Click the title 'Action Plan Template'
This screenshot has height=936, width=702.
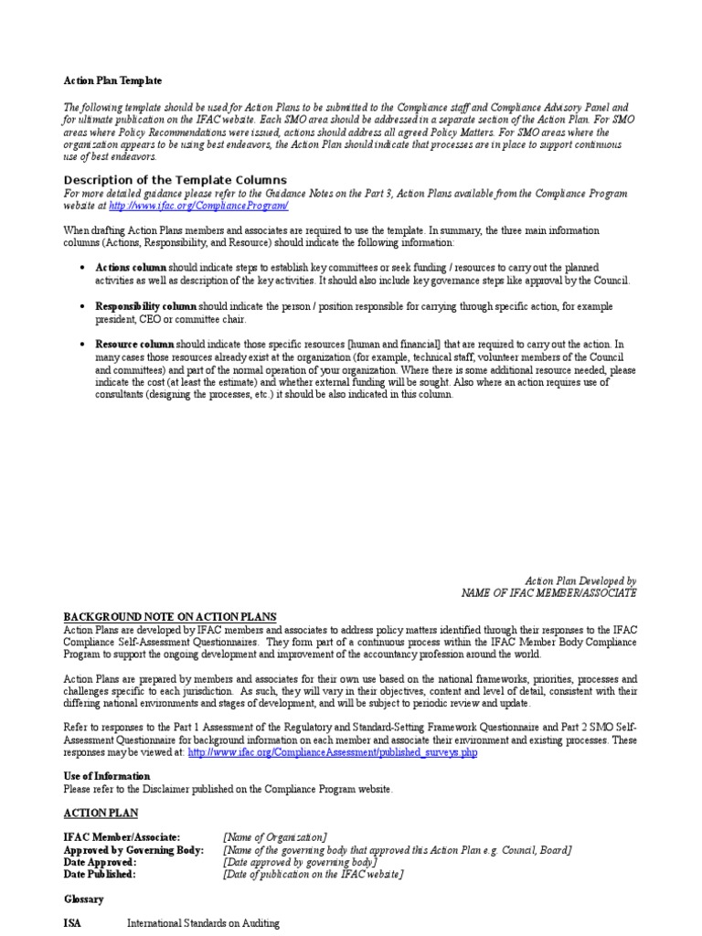[112, 81]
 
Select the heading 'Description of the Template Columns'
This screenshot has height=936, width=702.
[175, 180]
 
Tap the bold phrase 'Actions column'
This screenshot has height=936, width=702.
[131, 267]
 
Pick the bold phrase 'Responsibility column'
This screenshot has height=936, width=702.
[145, 305]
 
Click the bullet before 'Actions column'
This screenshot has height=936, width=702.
[83, 267]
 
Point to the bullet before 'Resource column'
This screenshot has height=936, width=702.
[83, 344]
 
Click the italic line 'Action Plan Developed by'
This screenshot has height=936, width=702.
[580, 580]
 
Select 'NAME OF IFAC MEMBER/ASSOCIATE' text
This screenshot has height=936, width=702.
[549, 593]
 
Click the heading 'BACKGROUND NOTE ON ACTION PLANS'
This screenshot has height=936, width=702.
[170, 617]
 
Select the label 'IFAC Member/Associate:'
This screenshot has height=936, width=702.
[122, 837]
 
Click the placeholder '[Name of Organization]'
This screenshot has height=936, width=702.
[274, 837]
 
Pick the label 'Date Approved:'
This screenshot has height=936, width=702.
[100, 862]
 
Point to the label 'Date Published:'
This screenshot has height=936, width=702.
[101, 874]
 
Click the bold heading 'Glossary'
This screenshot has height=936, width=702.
[84, 899]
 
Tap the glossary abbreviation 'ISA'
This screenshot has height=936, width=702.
[72, 923]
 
